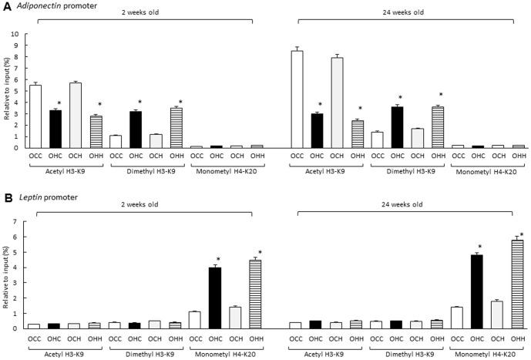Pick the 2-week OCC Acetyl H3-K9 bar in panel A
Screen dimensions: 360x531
[x=35, y=116]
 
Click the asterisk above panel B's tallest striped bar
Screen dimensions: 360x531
[x=522, y=234]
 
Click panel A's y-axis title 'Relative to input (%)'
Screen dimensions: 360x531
[x=6, y=90]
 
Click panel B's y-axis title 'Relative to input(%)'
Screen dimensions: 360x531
[x=6, y=275]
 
